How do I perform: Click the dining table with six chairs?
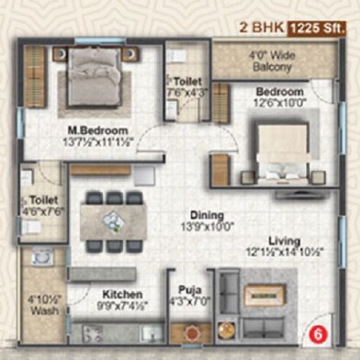110,219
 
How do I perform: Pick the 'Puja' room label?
187,296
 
